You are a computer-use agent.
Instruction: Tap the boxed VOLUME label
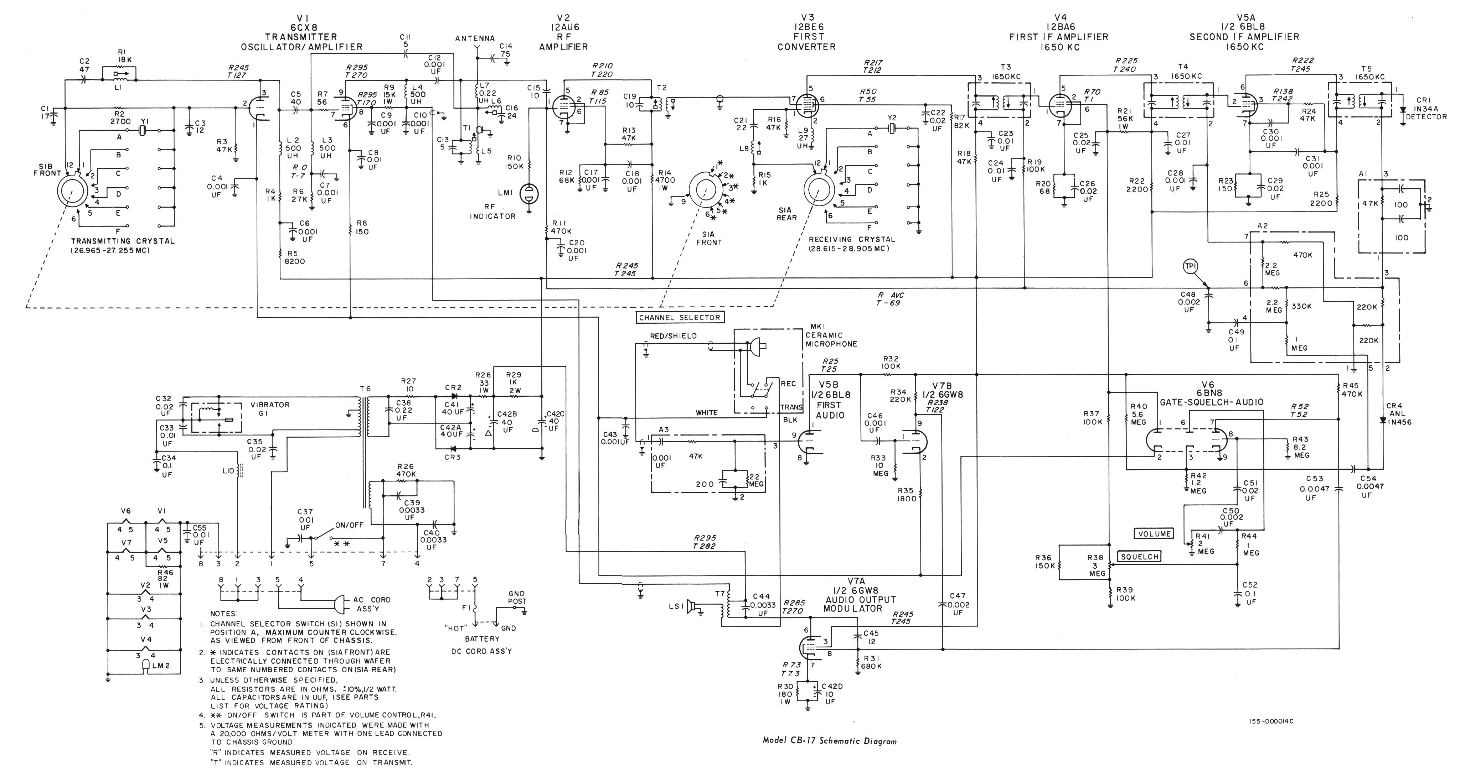coord(1154,534)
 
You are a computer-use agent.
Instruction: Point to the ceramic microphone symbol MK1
coord(757,345)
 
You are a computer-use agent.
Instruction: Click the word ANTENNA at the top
coord(475,39)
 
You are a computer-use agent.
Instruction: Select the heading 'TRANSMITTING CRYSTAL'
coord(122,241)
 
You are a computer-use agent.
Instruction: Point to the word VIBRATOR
coord(270,405)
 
